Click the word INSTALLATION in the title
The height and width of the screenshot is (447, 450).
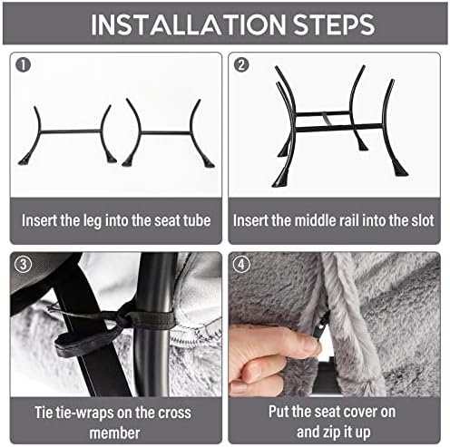188,24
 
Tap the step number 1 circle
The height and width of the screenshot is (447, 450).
24,64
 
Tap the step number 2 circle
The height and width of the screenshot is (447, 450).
241,64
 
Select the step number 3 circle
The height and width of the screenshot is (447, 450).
23,264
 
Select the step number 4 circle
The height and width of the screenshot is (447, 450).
241,264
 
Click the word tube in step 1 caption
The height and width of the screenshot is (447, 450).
197,220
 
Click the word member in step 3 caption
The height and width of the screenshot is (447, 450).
115,432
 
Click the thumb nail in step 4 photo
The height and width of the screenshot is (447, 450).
309,344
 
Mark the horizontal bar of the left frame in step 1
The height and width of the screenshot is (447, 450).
71,131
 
